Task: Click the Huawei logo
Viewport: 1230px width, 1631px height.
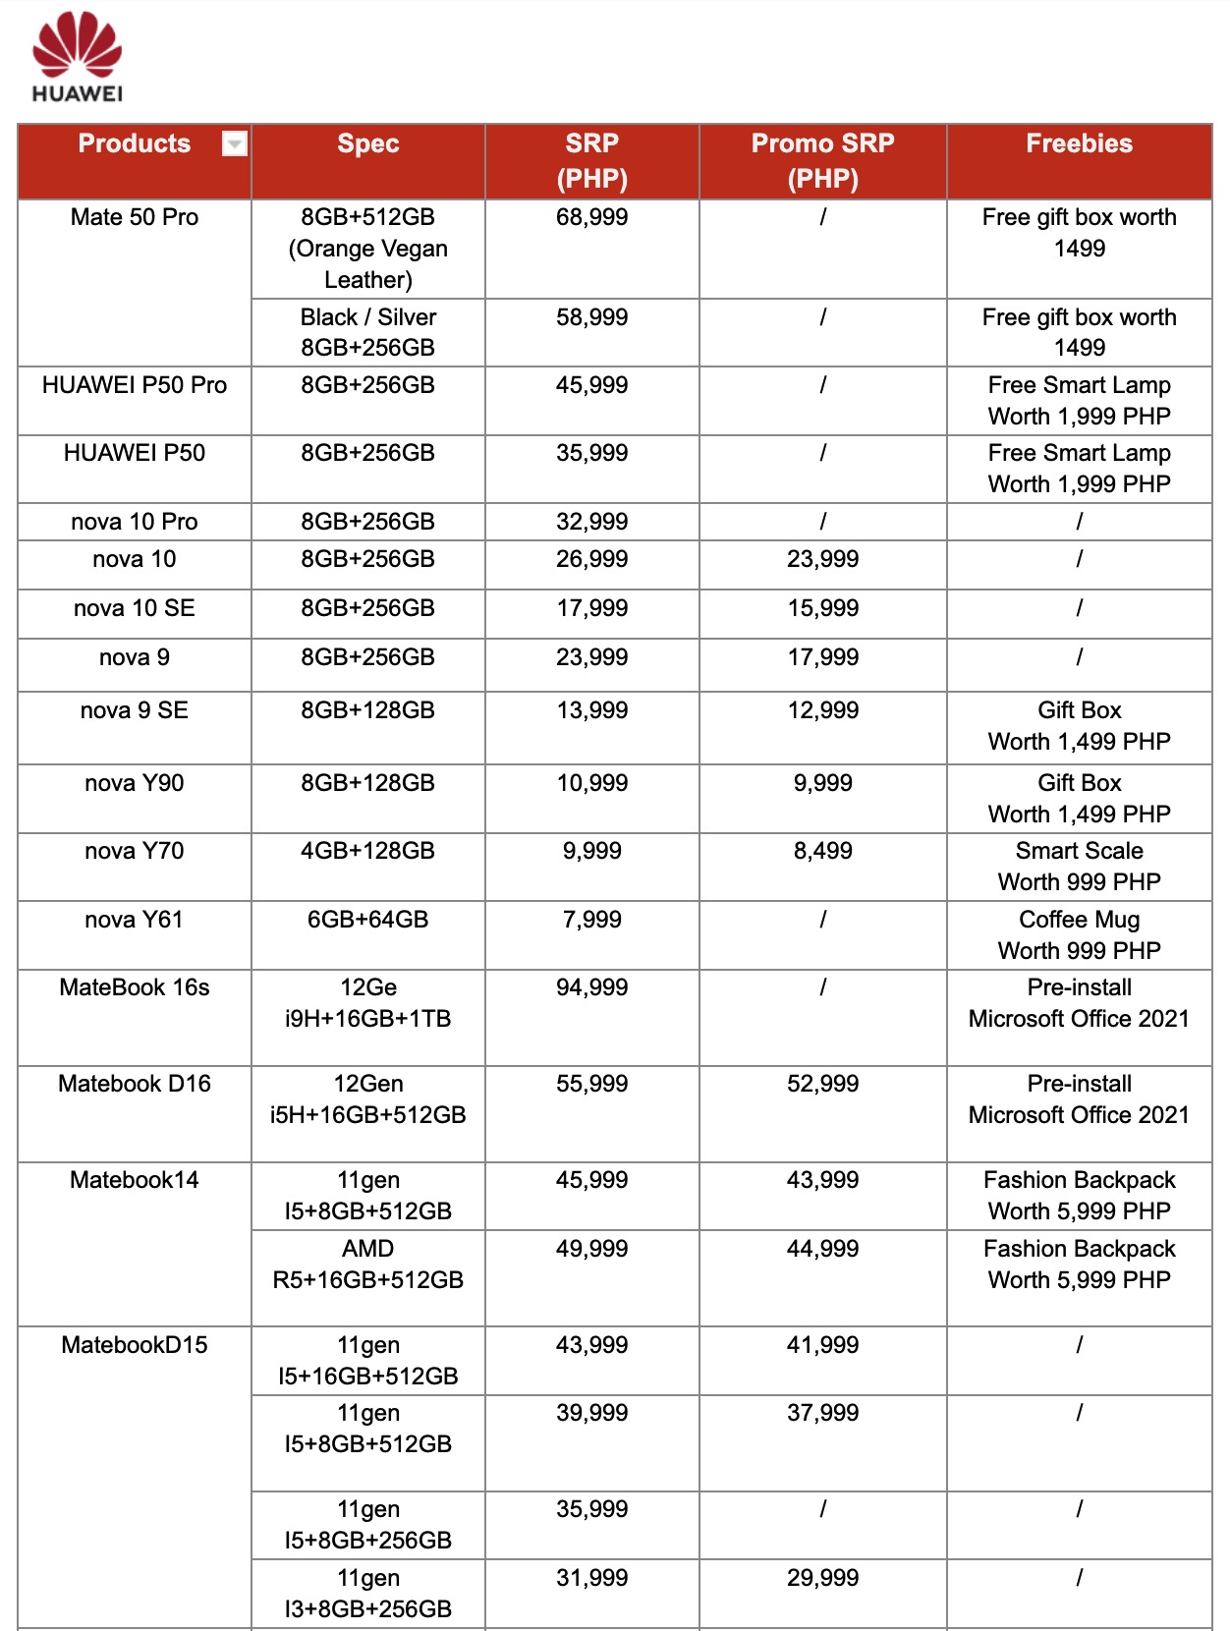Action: click(x=77, y=57)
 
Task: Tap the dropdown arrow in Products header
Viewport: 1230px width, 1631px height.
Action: click(x=234, y=144)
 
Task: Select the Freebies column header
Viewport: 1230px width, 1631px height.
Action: click(x=1079, y=144)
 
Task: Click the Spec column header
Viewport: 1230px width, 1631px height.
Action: click(x=367, y=144)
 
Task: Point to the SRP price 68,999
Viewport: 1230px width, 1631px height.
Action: click(x=591, y=217)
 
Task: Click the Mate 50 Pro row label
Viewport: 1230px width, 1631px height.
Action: click(x=135, y=217)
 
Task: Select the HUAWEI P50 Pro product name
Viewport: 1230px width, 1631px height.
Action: click(x=135, y=385)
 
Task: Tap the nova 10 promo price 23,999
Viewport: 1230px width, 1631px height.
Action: click(x=822, y=559)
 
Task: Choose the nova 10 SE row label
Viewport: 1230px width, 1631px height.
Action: click(x=135, y=608)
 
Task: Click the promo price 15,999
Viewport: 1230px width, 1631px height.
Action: click(x=822, y=608)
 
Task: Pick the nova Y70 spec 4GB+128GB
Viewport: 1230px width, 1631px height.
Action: click(x=367, y=851)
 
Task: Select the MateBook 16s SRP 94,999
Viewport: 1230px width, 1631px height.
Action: click(x=591, y=987)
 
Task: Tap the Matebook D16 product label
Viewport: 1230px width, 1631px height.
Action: click(x=135, y=1084)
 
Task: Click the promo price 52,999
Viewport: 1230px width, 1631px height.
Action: click(x=822, y=1084)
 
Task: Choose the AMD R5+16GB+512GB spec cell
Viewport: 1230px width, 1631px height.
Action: click(x=367, y=1264)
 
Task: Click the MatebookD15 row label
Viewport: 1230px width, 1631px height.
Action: click(x=135, y=1345)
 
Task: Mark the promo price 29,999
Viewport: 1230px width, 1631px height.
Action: click(x=822, y=1578)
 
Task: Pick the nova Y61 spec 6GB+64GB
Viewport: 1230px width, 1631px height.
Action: click(x=367, y=920)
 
